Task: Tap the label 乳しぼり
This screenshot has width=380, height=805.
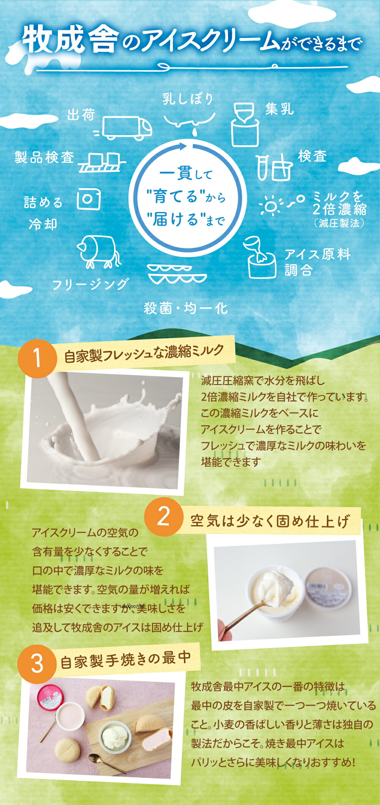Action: point(188,99)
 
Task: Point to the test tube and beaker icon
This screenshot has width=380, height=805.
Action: point(274,167)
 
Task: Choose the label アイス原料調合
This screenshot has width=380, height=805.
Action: point(317,262)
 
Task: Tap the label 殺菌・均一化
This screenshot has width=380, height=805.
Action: point(186,308)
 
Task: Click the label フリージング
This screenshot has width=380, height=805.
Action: point(90,284)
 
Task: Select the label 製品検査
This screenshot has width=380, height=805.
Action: point(44,157)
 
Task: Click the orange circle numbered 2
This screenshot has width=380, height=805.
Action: point(164,516)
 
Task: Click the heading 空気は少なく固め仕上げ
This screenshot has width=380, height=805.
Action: point(270,521)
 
